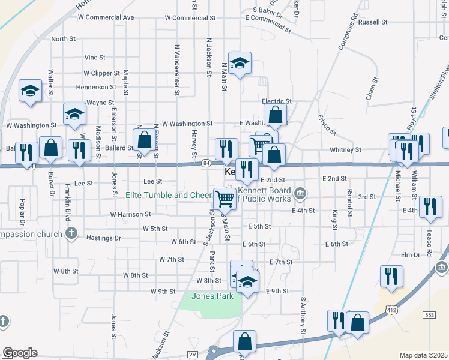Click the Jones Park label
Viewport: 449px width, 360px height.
[x=211, y=296]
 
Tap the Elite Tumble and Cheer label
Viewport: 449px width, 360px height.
[x=169, y=194]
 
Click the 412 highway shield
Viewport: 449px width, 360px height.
[x=391, y=308]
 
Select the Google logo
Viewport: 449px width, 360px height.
[x=20, y=353]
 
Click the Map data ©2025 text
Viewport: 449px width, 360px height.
[x=423, y=355]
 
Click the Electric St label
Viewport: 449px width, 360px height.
[x=276, y=102]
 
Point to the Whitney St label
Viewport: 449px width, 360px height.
[x=345, y=149]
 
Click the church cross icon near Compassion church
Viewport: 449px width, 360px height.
[x=71, y=233]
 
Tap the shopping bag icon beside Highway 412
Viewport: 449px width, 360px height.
[x=357, y=323]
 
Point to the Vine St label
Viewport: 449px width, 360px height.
[x=95, y=58]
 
